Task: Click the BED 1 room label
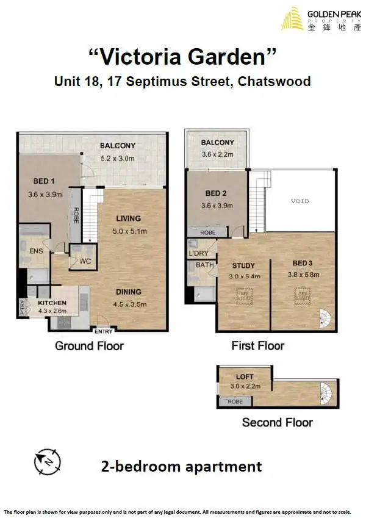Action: [x=44, y=182]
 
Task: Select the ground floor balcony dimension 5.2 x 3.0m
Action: [x=118, y=159]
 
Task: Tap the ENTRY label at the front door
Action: [x=103, y=331]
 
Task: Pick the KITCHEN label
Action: [x=52, y=303]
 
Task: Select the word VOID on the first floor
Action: [x=300, y=201]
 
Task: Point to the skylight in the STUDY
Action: [x=244, y=295]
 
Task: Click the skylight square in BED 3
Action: [x=302, y=295]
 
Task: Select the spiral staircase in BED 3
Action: [x=328, y=318]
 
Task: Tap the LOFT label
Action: [x=245, y=377]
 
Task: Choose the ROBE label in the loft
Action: [x=235, y=402]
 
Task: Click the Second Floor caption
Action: [x=277, y=422]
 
